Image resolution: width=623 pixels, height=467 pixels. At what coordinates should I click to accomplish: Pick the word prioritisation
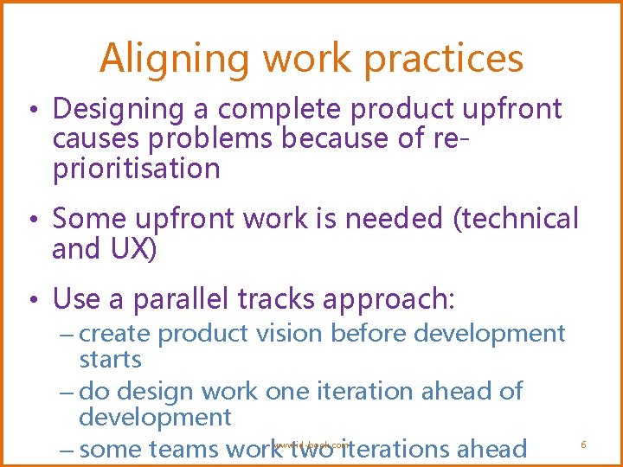click(137, 169)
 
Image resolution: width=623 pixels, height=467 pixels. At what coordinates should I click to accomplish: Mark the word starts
click(110, 359)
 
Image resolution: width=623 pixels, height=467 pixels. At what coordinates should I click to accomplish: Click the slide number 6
click(583, 445)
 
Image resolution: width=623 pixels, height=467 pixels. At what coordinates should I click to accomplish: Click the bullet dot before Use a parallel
click(31, 301)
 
